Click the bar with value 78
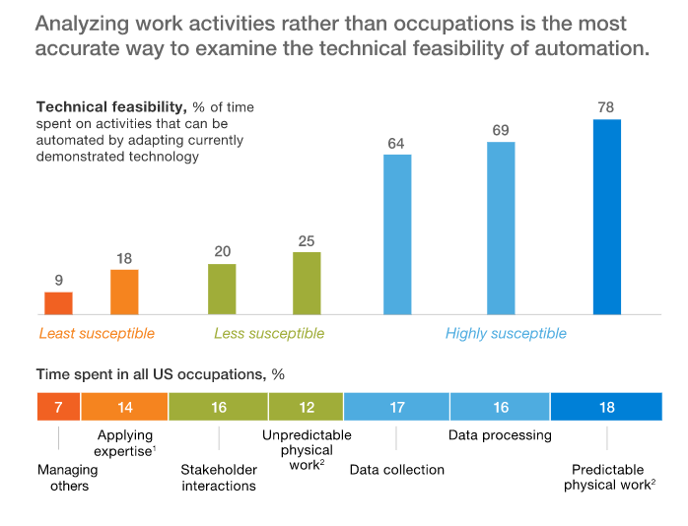pos(606,217)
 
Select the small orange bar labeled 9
pos(58,303)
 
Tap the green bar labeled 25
pos(307,284)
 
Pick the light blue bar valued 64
pos(397,234)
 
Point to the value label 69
pos(501,130)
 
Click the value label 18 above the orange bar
pos(124,258)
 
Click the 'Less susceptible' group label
pos(269,334)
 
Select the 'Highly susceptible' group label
pos(506,334)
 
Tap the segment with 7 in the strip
pos(58,407)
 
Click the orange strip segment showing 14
pos(124,407)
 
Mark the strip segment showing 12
pos(306,407)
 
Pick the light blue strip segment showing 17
pos(396,407)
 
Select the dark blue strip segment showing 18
pos(606,407)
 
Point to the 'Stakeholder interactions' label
pos(219,478)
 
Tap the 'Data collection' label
pos(397,470)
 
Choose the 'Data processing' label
pos(500,434)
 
